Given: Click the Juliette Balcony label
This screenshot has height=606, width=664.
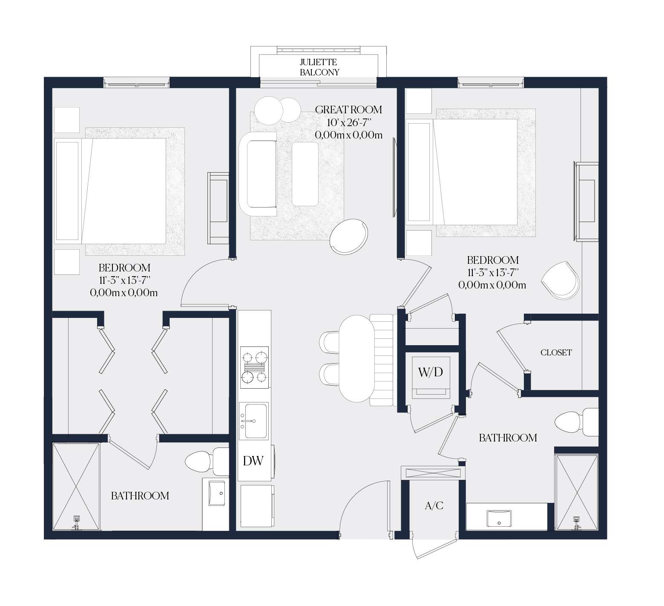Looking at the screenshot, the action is coord(319,67).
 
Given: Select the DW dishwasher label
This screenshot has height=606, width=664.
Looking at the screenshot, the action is coord(253,461).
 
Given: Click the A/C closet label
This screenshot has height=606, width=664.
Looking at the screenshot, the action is coord(434,506).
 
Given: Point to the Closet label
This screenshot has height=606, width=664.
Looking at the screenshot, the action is coord(556,352).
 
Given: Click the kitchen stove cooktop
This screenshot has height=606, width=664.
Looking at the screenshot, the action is coord(255,367).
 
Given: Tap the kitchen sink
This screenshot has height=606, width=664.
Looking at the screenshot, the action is coord(253,421).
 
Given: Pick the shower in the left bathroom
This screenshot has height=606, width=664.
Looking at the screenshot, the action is coord(76,486).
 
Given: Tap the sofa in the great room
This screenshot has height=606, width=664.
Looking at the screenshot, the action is coord(258,174).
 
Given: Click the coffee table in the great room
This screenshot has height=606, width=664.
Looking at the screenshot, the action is coord(305,174).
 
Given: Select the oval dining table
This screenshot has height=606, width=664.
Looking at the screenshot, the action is coord(357,358).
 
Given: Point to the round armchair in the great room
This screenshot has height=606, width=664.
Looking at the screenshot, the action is coord(349,237).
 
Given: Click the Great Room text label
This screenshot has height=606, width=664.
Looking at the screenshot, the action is coord(348,110).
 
